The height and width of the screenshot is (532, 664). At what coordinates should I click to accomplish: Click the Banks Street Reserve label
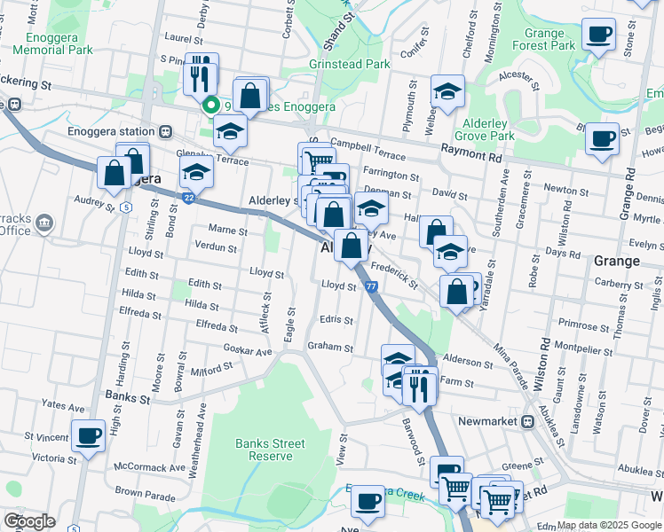click(270, 450)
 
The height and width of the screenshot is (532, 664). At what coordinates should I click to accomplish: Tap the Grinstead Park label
click(349, 65)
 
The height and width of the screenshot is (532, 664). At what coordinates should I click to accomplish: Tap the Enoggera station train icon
click(165, 131)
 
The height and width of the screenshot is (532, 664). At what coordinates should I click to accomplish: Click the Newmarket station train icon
click(526, 421)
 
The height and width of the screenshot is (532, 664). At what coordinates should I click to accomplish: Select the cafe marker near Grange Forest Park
click(597, 35)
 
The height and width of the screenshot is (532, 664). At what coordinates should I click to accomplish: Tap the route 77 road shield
click(371, 286)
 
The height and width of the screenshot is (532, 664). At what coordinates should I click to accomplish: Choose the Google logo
click(28, 521)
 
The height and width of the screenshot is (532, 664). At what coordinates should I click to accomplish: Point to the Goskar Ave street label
click(248, 351)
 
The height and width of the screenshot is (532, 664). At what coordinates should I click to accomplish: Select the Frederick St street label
click(394, 274)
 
